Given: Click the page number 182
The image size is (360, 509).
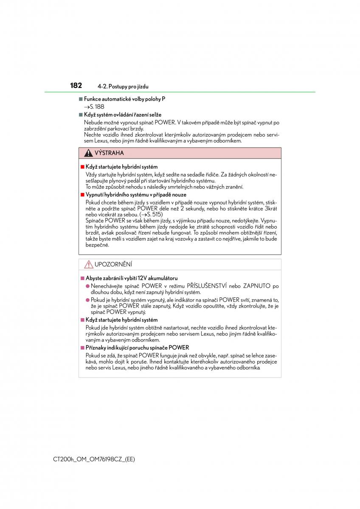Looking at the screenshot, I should (76, 86).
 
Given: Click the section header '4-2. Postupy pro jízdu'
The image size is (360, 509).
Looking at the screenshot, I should (123, 87).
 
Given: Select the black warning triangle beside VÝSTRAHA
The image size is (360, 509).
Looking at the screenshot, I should (88, 153).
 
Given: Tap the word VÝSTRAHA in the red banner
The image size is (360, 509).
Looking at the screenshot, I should (109, 153).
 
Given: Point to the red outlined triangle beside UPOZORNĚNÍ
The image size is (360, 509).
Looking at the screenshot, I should (88, 264).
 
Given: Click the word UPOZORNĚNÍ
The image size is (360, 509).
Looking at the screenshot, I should (113, 264).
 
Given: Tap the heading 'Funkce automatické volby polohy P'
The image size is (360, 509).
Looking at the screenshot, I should (124, 99).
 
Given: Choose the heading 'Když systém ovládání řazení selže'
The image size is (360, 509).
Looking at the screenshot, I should (122, 115).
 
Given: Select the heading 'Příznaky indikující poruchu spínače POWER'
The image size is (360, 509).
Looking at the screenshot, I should (137, 347).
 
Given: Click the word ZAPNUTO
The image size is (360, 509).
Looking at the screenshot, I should (257, 286).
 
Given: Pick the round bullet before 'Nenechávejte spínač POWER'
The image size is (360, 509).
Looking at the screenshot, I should (87, 286).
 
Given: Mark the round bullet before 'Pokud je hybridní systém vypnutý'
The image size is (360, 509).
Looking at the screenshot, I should (87, 300).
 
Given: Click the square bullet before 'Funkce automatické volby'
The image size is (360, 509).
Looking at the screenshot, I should (80, 99).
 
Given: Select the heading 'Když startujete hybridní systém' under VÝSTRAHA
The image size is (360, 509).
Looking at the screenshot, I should (121, 167).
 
